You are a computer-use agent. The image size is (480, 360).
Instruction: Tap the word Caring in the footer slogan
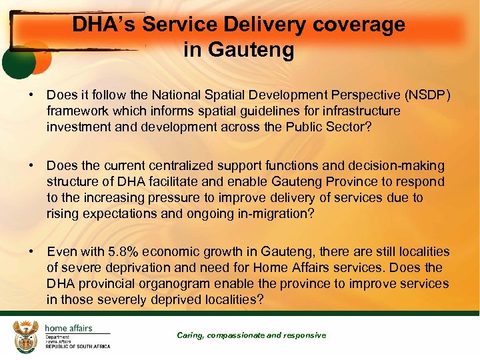(x=191, y=335)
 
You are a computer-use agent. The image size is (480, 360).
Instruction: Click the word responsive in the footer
(x=305, y=335)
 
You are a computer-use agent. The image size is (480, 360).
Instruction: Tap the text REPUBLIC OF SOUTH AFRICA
(x=77, y=347)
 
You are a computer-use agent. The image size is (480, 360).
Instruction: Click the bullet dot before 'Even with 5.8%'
(x=31, y=252)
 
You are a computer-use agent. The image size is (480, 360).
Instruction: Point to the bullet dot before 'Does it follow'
(x=31, y=95)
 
